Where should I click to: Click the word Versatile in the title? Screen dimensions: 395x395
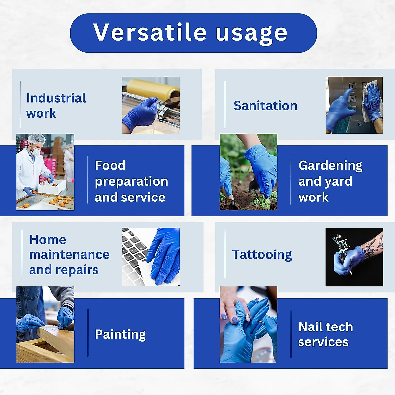tap(150, 33)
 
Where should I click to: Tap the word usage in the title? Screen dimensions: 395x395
tap(251, 33)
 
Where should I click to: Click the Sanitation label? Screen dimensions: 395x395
tap(265, 106)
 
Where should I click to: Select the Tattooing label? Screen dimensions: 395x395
tap(262, 255)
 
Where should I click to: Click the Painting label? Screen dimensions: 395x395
tap(120, 334)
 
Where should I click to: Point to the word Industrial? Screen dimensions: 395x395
tap(56, 98)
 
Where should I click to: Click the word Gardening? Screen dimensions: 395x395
tap(330, 166)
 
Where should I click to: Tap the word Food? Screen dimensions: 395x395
tap(110, 165)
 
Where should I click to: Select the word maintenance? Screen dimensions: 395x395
tap(69, 255)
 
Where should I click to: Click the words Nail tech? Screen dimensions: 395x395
tap(325, 327)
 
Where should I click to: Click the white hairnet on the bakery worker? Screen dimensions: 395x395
tap(36, 138)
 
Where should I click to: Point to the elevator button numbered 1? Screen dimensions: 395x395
tap(353, 99)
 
